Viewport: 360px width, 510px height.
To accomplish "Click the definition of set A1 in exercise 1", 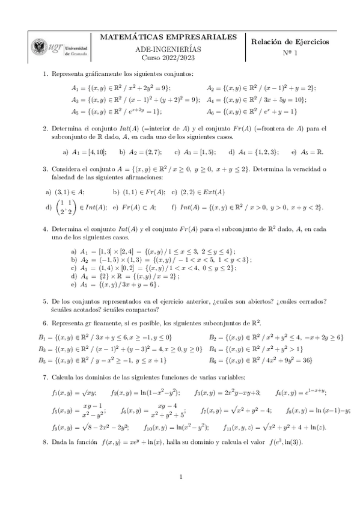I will [121, 88].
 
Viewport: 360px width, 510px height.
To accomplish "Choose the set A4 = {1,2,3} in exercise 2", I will [257, 152].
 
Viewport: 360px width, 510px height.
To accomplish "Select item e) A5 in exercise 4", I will [114, 284].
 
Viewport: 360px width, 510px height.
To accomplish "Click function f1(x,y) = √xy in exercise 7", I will [78, 392].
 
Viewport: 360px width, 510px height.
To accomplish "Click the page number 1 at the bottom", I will [180, 477].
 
